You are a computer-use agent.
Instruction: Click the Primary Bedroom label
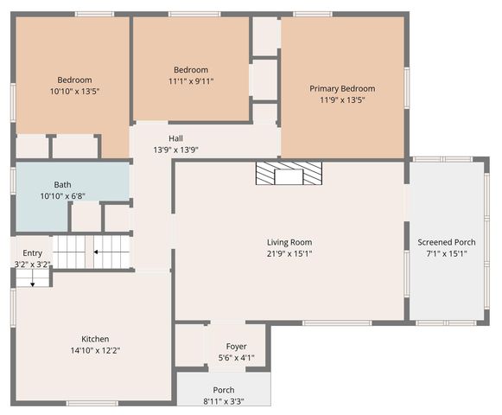pyautogui.click(x=342, y=88)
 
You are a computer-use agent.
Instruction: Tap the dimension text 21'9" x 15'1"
pyautogui.click(x=289, y=254)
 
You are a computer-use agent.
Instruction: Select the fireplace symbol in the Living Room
pyautogui.click(x=289, y=174)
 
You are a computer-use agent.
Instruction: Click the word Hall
pyautogui.click(x=175, y=138)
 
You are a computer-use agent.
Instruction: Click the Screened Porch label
pyautogui.click(x=446, y=242)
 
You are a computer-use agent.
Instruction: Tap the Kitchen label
pyautogui.click(x=95, y=339)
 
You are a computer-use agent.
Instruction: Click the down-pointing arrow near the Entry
pyautogui.click(x=33, y=280)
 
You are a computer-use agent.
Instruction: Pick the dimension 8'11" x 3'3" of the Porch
pyautogui.click(x=224, y=402)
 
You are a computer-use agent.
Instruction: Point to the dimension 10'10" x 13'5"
pyautogui.click(x=74, y=91)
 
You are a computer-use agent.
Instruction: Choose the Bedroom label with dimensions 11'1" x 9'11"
pyautogui.click(x=190, y=70)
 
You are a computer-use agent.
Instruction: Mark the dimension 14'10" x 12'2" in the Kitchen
pyautogui.click(x=95, y=350)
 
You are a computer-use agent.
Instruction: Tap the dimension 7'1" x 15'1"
pyautogui.click(x=446, y=253)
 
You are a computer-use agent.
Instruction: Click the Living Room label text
pyautogui.click(x=289, y=242)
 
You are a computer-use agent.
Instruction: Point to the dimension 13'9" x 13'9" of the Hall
pyautogui.click(x=175, y=150)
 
